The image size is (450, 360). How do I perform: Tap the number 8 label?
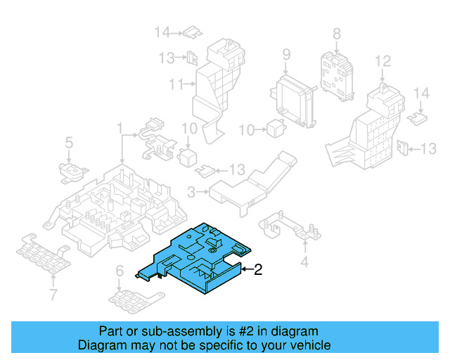click(336, 33)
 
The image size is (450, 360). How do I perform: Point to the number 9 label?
click(286, 55)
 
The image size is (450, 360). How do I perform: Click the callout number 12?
click(382, 63)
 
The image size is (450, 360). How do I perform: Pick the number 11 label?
click(176, 84)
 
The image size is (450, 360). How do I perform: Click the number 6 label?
click(120, 271)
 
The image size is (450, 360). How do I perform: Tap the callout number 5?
click(69, 143)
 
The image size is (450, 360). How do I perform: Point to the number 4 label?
click(304, 263)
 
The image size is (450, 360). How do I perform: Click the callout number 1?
click(120, 129)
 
